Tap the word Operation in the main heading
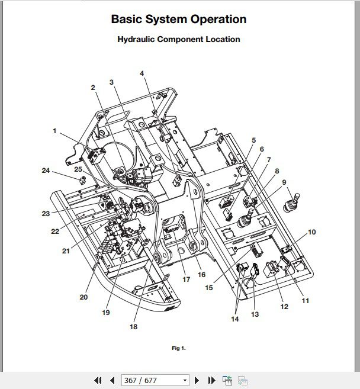[217, 19]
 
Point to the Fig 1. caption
[179, 348]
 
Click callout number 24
[46, 171]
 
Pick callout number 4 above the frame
[142, 73]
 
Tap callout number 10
[311, 232]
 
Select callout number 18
[133, 326]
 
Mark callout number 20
[83, 297]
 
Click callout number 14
[236, 319]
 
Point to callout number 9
[284, 182]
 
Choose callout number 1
[55, 131]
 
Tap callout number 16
[201, 275]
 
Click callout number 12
[284, 307]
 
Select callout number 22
[55, 232]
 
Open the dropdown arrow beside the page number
[185, 380]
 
